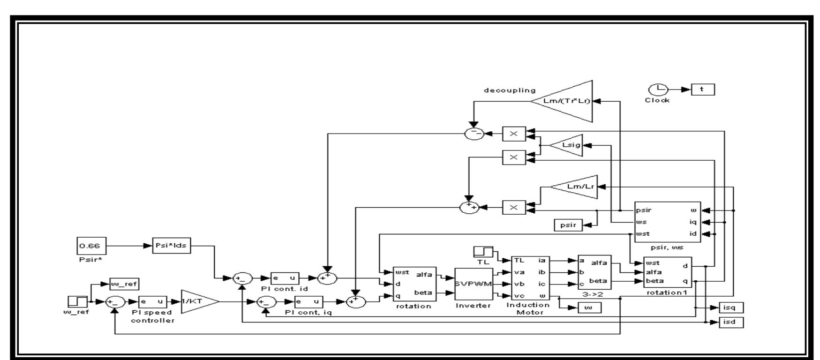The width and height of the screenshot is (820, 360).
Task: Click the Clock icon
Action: [656, 90]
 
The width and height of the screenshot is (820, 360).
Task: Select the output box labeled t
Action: [703, 89]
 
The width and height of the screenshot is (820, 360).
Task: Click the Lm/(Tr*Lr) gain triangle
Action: [567, 101]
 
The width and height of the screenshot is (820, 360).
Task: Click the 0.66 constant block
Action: [91, 245]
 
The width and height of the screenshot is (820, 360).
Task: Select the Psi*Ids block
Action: [172, 245]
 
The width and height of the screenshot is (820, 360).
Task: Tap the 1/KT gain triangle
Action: [197, 302]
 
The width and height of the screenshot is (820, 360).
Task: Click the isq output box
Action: [730, 307]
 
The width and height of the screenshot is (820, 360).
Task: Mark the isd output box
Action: [730, 322]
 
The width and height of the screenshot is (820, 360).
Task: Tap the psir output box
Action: [568, 225]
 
